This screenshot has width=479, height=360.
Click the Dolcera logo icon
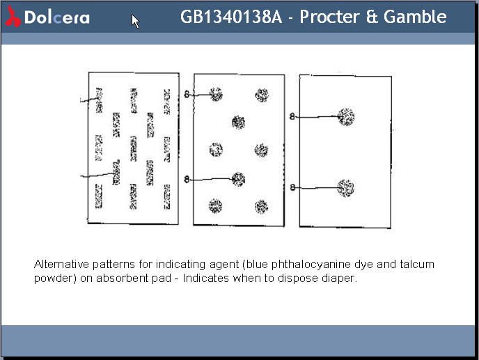(13, 17)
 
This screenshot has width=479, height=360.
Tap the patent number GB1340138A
(232, 17)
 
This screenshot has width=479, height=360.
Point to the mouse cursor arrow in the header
(135, 21)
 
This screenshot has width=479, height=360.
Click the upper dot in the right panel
(346, 116)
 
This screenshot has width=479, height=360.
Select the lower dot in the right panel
(346, 187)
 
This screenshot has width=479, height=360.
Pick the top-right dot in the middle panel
(262, 95)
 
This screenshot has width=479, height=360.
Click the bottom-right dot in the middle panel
(261, 206)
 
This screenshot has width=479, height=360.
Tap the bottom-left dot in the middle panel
(216, 205)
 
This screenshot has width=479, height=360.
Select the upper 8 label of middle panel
(187, 95)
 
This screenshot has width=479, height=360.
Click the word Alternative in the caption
(61, 265)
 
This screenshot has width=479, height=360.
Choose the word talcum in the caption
(419, 265)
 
